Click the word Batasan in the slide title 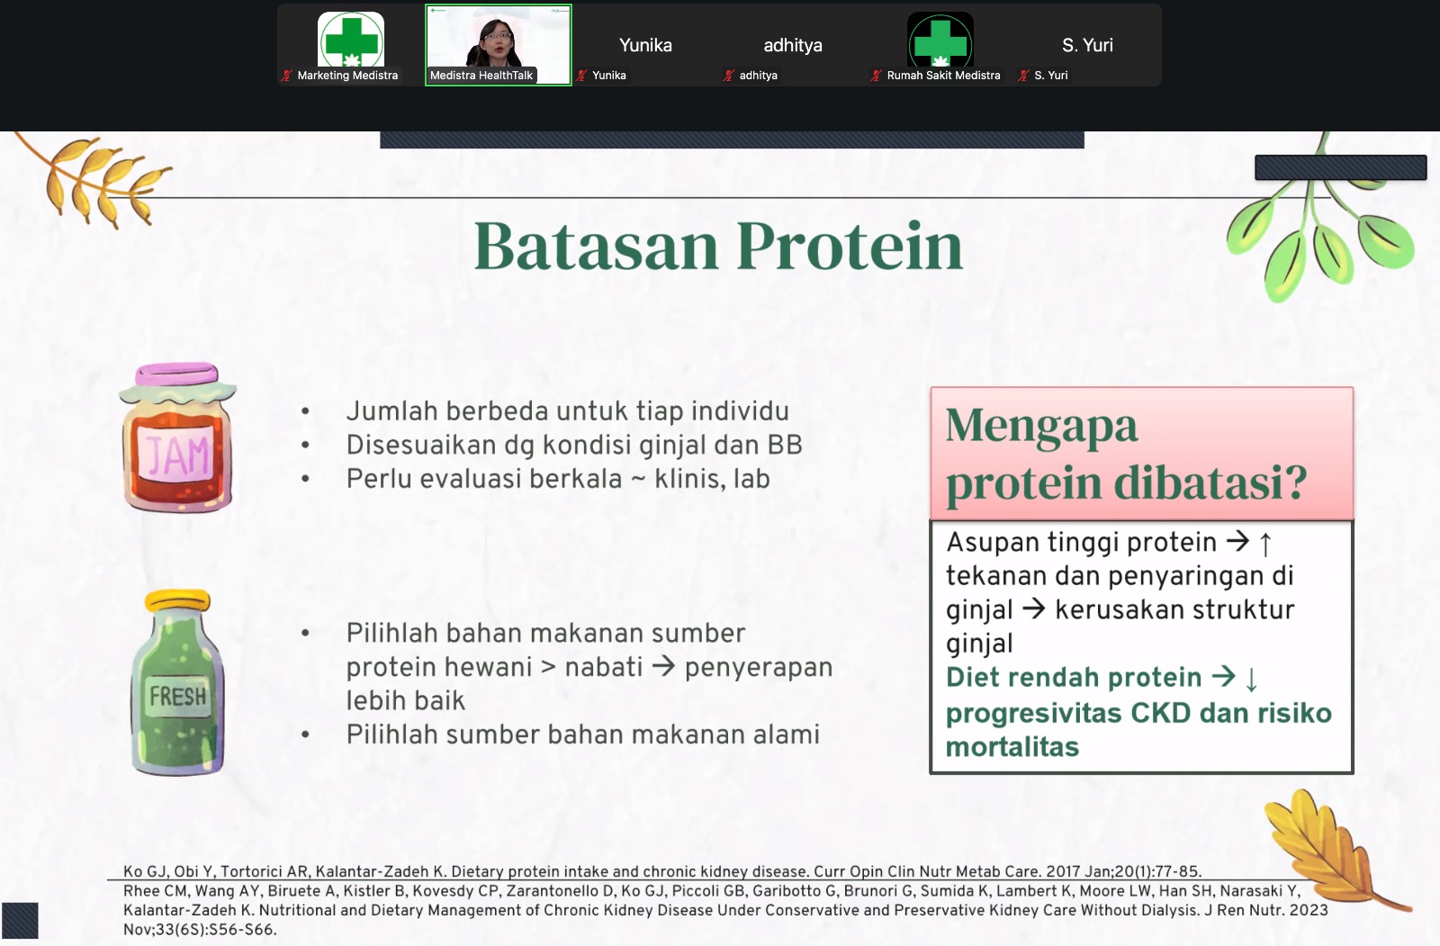[596, 247]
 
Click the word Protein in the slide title [850, 247]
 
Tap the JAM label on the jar [177, 455]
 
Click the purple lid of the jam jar [177, 374]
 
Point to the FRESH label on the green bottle [178, 695]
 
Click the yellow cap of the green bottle [178, 600]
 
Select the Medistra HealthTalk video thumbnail [499, 45]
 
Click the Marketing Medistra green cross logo [351, 40]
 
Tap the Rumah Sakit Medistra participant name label [943, 76]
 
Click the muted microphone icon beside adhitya [728, 76]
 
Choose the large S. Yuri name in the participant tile [1087, 45]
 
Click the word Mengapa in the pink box [1041, 426]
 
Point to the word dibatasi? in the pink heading [1210, 482]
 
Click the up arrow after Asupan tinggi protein [1265, 544]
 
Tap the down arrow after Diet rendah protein [1251, 679]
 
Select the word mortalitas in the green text [1012, 747]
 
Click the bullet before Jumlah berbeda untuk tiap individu [305, 411]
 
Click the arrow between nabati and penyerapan [663, 666]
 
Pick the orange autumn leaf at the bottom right [1331, 849]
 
